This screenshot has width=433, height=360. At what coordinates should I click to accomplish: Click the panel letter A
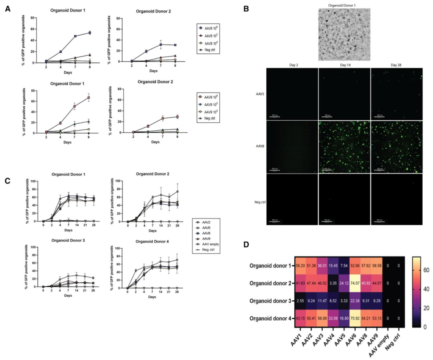pyautogui.click(x=7, y=8)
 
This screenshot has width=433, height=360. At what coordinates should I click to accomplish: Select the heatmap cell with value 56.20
pyautogui.click(x=300, y=266)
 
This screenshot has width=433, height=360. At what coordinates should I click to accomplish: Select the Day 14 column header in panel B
pyautogui.click(x=344, y=65)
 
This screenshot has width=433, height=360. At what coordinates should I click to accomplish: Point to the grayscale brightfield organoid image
pyautogui.click(x=344, y=34)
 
